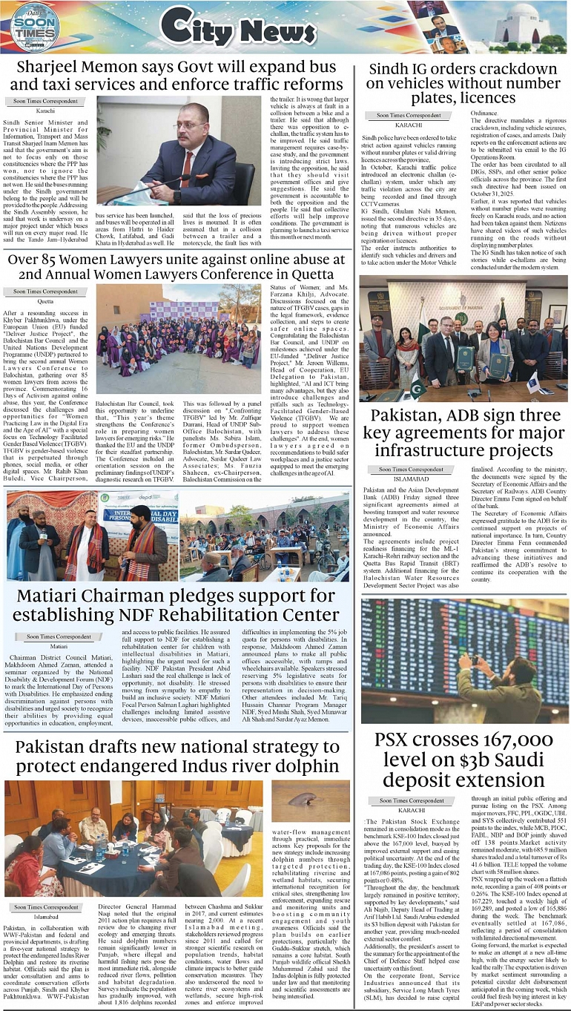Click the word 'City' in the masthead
coord(193,29)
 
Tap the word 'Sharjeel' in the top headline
coord(57,66)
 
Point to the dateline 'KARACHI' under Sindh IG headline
coord(409,125)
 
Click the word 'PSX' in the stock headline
coord(398,740)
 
